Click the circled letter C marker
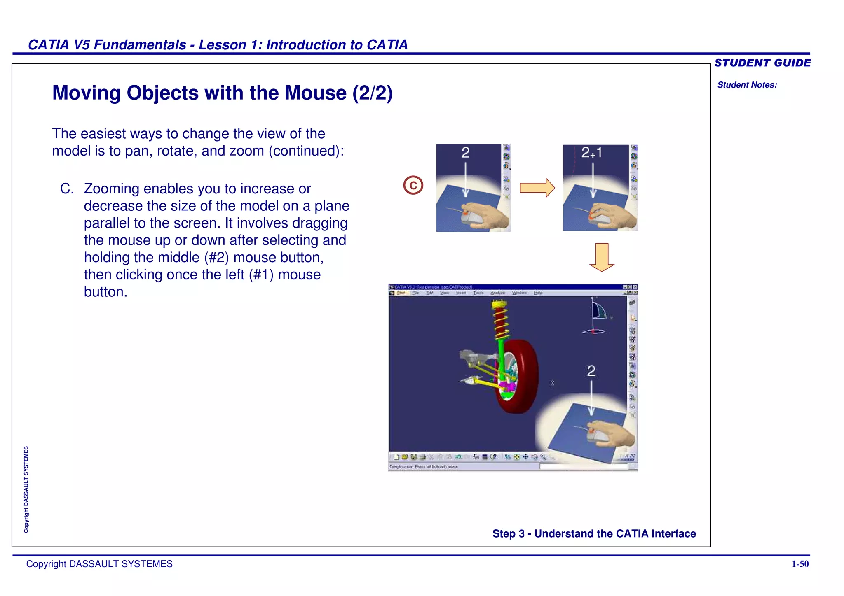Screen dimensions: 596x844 (x=413, y=185)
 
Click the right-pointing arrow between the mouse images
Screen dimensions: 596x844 (x=537, y=188)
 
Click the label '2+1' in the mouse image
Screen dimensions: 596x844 (x=592, y=153)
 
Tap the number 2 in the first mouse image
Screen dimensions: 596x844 (x=465, y=153)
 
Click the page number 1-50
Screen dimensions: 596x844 (x=800, y=564)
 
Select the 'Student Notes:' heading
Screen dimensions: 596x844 (x=747, y=85)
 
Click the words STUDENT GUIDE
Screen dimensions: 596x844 (x=762, y=63)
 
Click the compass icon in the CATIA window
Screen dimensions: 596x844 (x=596, y=317)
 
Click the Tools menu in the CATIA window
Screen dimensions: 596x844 (x=478, y=293)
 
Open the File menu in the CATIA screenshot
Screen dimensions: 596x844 (x=415, y=293)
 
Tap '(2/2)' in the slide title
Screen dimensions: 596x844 (x=372, y=93)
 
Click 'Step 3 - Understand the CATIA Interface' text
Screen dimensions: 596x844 (x=594, y=533)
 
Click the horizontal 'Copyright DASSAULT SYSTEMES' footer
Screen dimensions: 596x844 (x=99, y=564)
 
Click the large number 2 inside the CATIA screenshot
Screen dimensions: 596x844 (x=591, y=371)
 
